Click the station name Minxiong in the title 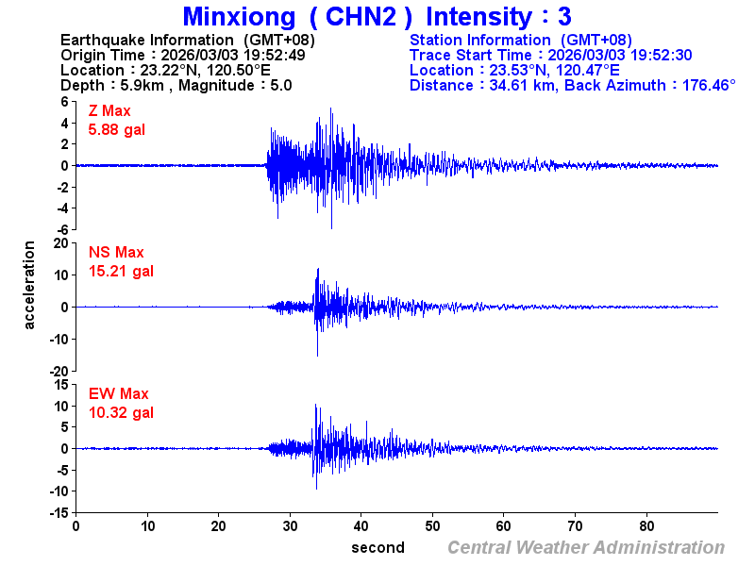[x=236, y=17]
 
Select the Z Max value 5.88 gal [x=116, y=129]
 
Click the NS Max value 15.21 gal [x=121, y=272]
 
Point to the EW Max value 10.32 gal [x=121, y=412]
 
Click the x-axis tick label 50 [x=433, y=526]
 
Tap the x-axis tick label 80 [x=647, y=526]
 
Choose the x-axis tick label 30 [x=290, y=526]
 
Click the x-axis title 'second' [x=377, y=547]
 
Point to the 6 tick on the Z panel [x=62, y=101]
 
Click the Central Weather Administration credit [x=586, y=547]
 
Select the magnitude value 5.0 [x=280, y=85]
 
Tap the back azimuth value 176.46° [x=696, y=85]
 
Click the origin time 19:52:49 [x=273, y=55]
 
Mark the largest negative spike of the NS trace [x=317, y=355]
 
